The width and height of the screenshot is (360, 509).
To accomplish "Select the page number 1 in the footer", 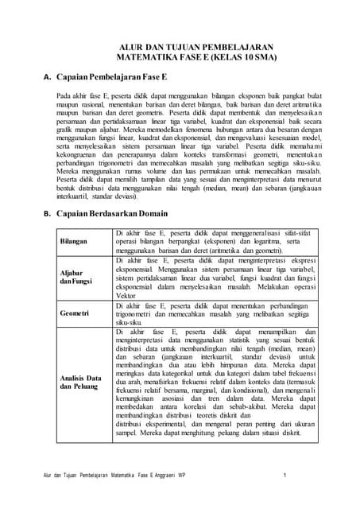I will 285,476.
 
